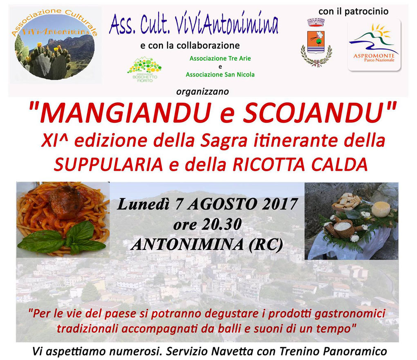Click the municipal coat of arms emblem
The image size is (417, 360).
(x=316, y=43)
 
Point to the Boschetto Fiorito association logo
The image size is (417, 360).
(x=144, y=70)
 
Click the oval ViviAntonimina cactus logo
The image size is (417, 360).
(x=54, y=44)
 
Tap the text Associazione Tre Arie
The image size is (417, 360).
(x=220, y=58)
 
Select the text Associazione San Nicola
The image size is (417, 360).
(x=220, y=74)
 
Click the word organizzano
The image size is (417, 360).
(x=202, y=92)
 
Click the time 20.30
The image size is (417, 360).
(x=222, y=224)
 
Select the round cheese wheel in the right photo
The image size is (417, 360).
(x=381, y=209)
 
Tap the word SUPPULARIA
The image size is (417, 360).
(x=108, y=164)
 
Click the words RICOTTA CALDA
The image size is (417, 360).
(x=300, y=164)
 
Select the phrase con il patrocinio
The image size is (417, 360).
(x=354, y=11)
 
